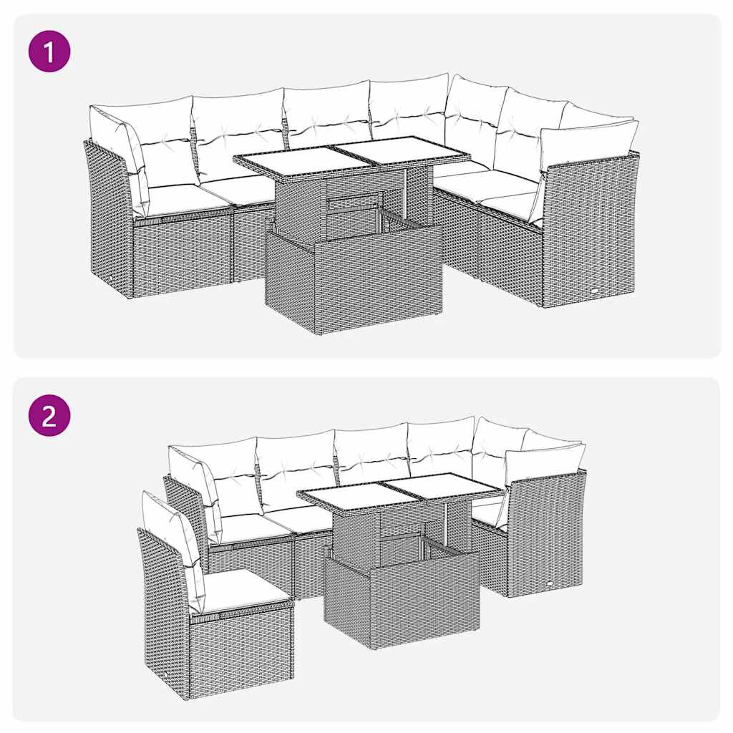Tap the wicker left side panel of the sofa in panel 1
[x=107, y=215]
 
